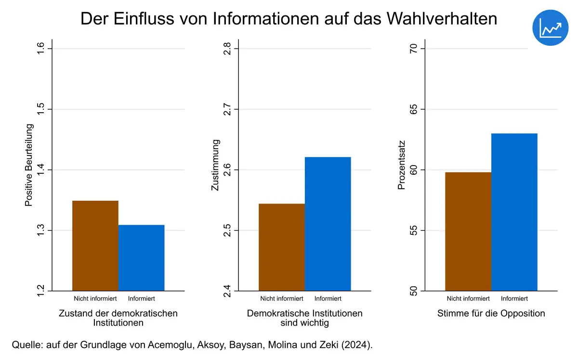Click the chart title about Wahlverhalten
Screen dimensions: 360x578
(289, 19)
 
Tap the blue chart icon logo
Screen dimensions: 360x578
(551, 27)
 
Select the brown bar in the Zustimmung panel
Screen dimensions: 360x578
(282, 247)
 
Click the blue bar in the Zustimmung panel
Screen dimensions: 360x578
(328, 224)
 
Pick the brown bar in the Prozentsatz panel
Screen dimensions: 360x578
(468, 231)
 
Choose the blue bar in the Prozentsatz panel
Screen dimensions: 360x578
(514, 212)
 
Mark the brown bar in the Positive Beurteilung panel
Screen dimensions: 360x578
(95, 245)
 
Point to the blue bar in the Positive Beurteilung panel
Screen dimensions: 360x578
(142, 257)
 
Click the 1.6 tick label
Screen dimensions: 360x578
(41, 49)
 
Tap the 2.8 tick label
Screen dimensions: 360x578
(227, 49)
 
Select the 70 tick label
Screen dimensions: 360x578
(414, 49)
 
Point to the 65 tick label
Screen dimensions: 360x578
(414, 109)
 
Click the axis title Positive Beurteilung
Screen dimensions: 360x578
(29, 165)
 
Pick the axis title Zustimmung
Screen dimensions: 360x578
(216, 165)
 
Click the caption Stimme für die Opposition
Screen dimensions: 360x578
(491, 313)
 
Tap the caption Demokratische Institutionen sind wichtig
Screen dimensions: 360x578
(305, 318)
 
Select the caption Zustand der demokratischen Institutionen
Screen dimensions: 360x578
(118, 318)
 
